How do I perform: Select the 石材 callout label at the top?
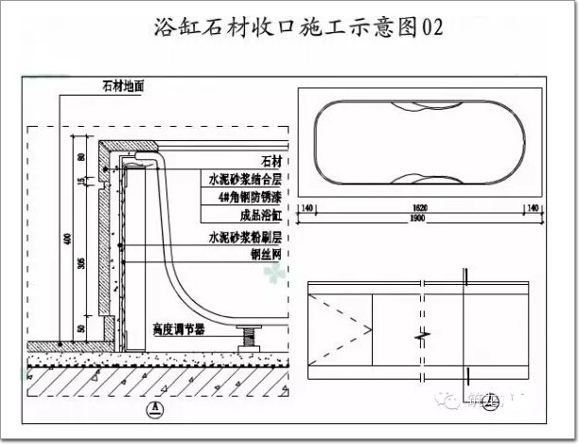[x=272, y=160]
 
